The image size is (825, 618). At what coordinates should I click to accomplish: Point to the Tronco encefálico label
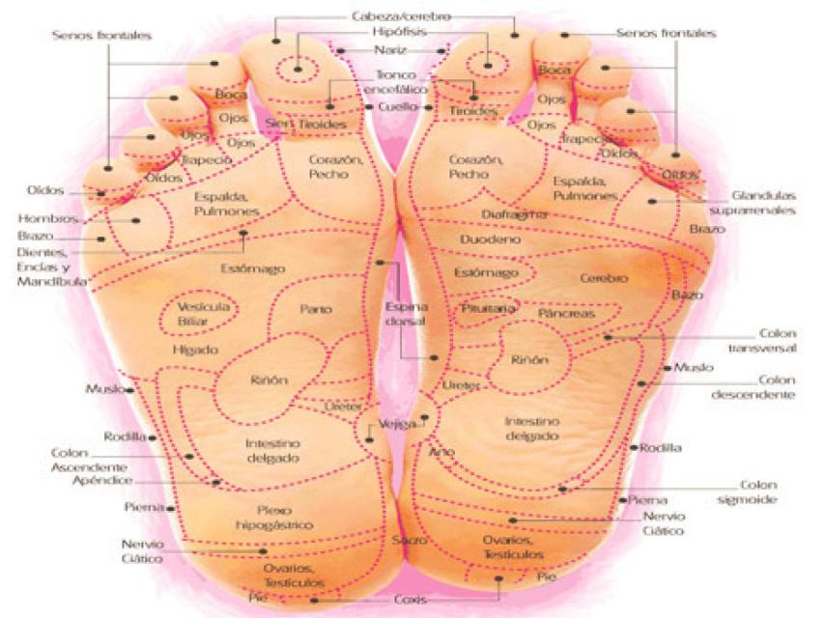[x=397, y=82]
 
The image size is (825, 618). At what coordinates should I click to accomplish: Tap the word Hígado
[x=195, y=350]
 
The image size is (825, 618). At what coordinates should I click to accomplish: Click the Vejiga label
[x=398, y=424]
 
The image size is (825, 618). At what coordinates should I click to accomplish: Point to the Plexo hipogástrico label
[x=273, y=517]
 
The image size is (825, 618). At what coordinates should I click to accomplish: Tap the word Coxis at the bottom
[x=410, y=600]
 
